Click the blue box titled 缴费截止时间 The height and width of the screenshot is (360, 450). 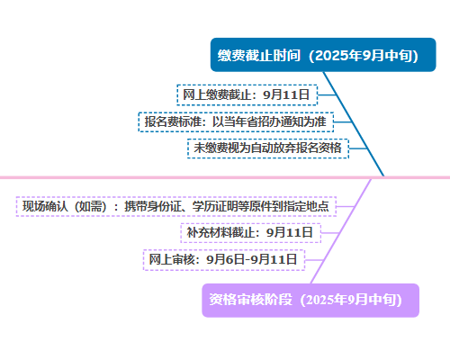pos(323,55)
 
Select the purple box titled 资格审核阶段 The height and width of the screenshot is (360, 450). pos(310,301)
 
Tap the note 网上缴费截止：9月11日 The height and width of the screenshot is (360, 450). pos(247,95)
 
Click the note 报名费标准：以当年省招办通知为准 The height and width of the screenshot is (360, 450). pos(236,121)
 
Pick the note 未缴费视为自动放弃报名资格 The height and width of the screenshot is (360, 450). pos(268,148)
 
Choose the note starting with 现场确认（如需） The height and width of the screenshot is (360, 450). pos(176,206)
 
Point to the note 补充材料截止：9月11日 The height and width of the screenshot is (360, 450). pos(251,233)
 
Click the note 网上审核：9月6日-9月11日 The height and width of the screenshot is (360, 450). pos(224,260)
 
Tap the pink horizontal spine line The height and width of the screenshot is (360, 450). pos(225,177)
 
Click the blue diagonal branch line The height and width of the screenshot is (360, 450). pos(354,124)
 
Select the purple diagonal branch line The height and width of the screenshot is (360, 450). pos(341,231)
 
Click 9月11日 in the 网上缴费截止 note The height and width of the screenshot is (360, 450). pos(286,95)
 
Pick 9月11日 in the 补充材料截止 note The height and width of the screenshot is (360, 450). pos(290,233)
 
